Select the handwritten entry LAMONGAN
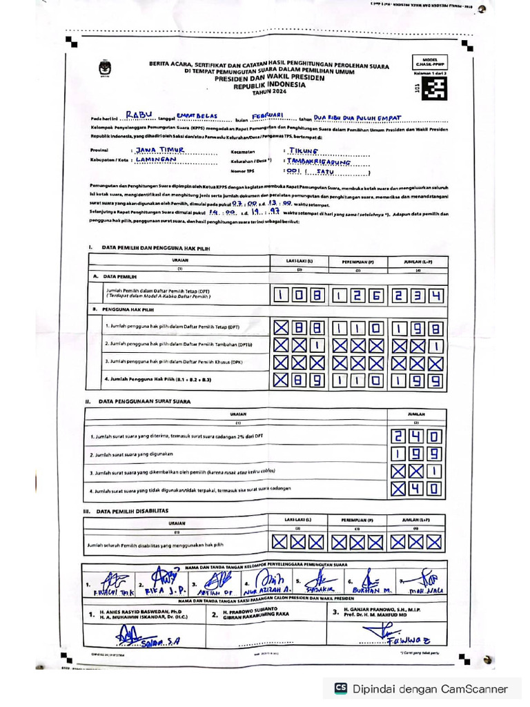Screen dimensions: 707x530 tap(157, 159)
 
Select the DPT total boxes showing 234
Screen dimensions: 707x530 tap(416, 296)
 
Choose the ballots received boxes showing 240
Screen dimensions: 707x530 tap(416, 436)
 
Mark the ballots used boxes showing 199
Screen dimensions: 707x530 tap(416, 454)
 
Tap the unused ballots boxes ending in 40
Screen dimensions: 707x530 tap(416, 489)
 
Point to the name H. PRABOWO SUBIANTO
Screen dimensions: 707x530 tap(256, 608)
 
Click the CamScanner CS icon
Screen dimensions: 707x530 tap(340, 688)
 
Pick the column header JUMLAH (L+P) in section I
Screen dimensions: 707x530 tap(416, 262)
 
